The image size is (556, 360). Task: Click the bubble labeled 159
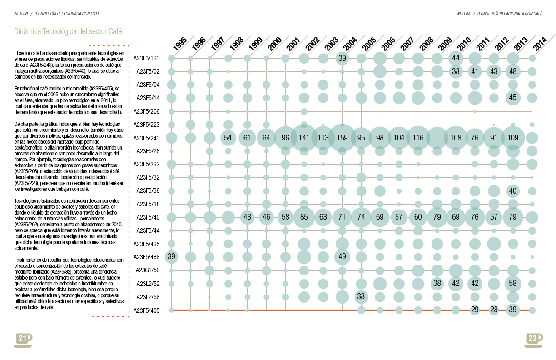click(x=342, y=138)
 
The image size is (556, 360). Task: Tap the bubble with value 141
click(x=304, y=138)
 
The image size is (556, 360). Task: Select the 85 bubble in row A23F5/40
click(x=304, y=217)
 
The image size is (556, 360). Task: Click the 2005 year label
click(x=369, y=45)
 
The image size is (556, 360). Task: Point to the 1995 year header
click(x=180, y=45)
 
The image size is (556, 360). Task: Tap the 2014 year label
click(x=540, y=45)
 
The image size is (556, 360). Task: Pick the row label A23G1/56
click(x=148, y=270)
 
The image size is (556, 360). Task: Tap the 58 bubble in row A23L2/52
click(x=513, y=284)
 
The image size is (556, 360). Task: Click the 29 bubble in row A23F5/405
click(x=475, y=310)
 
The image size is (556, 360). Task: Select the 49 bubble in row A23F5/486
click(x=342, y=257)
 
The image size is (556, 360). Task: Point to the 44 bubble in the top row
click(x=456, y=58)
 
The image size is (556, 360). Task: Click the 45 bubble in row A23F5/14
click(x=513, y=98)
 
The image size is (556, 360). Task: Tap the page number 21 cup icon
click(x=23, y=339)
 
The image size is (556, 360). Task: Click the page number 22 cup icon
click(x=533, y=339)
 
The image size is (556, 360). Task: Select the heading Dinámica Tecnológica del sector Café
click(x=68, y=31)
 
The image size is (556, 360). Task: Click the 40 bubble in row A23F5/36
click(x=513, y=191)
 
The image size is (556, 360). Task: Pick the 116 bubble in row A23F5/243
click(x=418, y=138)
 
